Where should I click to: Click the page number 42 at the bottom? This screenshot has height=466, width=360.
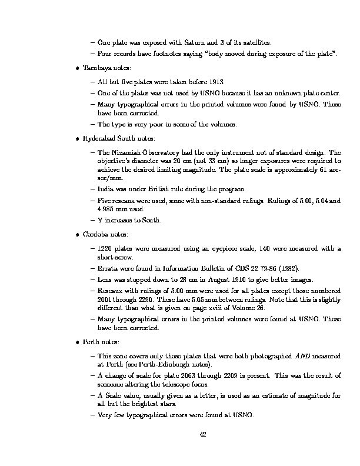[x=202, y=434]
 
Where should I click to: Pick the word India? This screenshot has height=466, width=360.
[x=105, y=189]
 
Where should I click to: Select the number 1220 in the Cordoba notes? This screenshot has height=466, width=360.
[x=105, y=248]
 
